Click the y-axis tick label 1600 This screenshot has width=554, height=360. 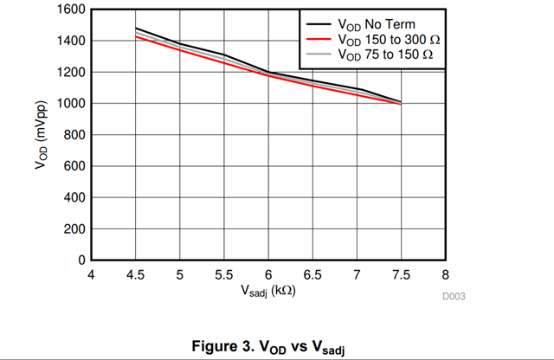[72, 10]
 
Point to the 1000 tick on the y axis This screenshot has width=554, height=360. [72, 104]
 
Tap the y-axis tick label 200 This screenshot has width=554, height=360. [75, 229]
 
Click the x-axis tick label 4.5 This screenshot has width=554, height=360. [136, 275]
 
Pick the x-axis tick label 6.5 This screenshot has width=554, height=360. [312, 275]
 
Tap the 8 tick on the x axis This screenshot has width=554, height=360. [445, 275]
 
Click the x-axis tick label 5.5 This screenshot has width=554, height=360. [224, 275]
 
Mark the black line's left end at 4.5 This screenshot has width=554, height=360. [136, 29]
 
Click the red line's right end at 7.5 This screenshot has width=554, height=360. [401, 105]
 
